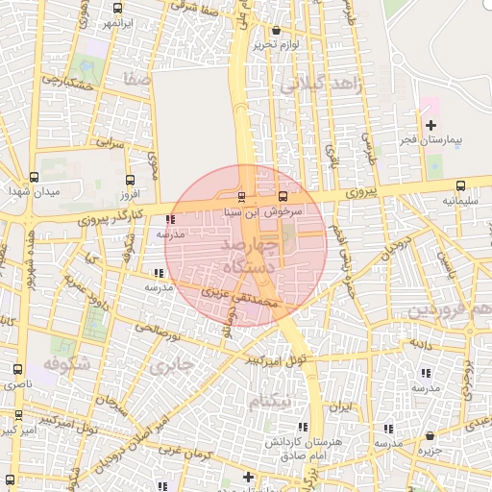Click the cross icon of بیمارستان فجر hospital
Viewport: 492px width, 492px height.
click(430, 124)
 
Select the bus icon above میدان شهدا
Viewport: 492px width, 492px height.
click(35, 177)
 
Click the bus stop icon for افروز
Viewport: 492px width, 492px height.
click(130, 179)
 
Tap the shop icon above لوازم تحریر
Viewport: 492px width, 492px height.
click(277, 30)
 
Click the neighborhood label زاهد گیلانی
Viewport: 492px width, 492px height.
click(319, 86)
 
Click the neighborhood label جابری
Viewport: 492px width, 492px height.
click(174, 366)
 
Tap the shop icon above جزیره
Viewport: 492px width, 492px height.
click(430, 435)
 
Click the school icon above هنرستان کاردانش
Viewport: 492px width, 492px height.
click(304, 426)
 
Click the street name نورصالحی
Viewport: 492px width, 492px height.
click(159, 332)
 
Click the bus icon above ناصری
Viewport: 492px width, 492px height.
click(17, 369)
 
